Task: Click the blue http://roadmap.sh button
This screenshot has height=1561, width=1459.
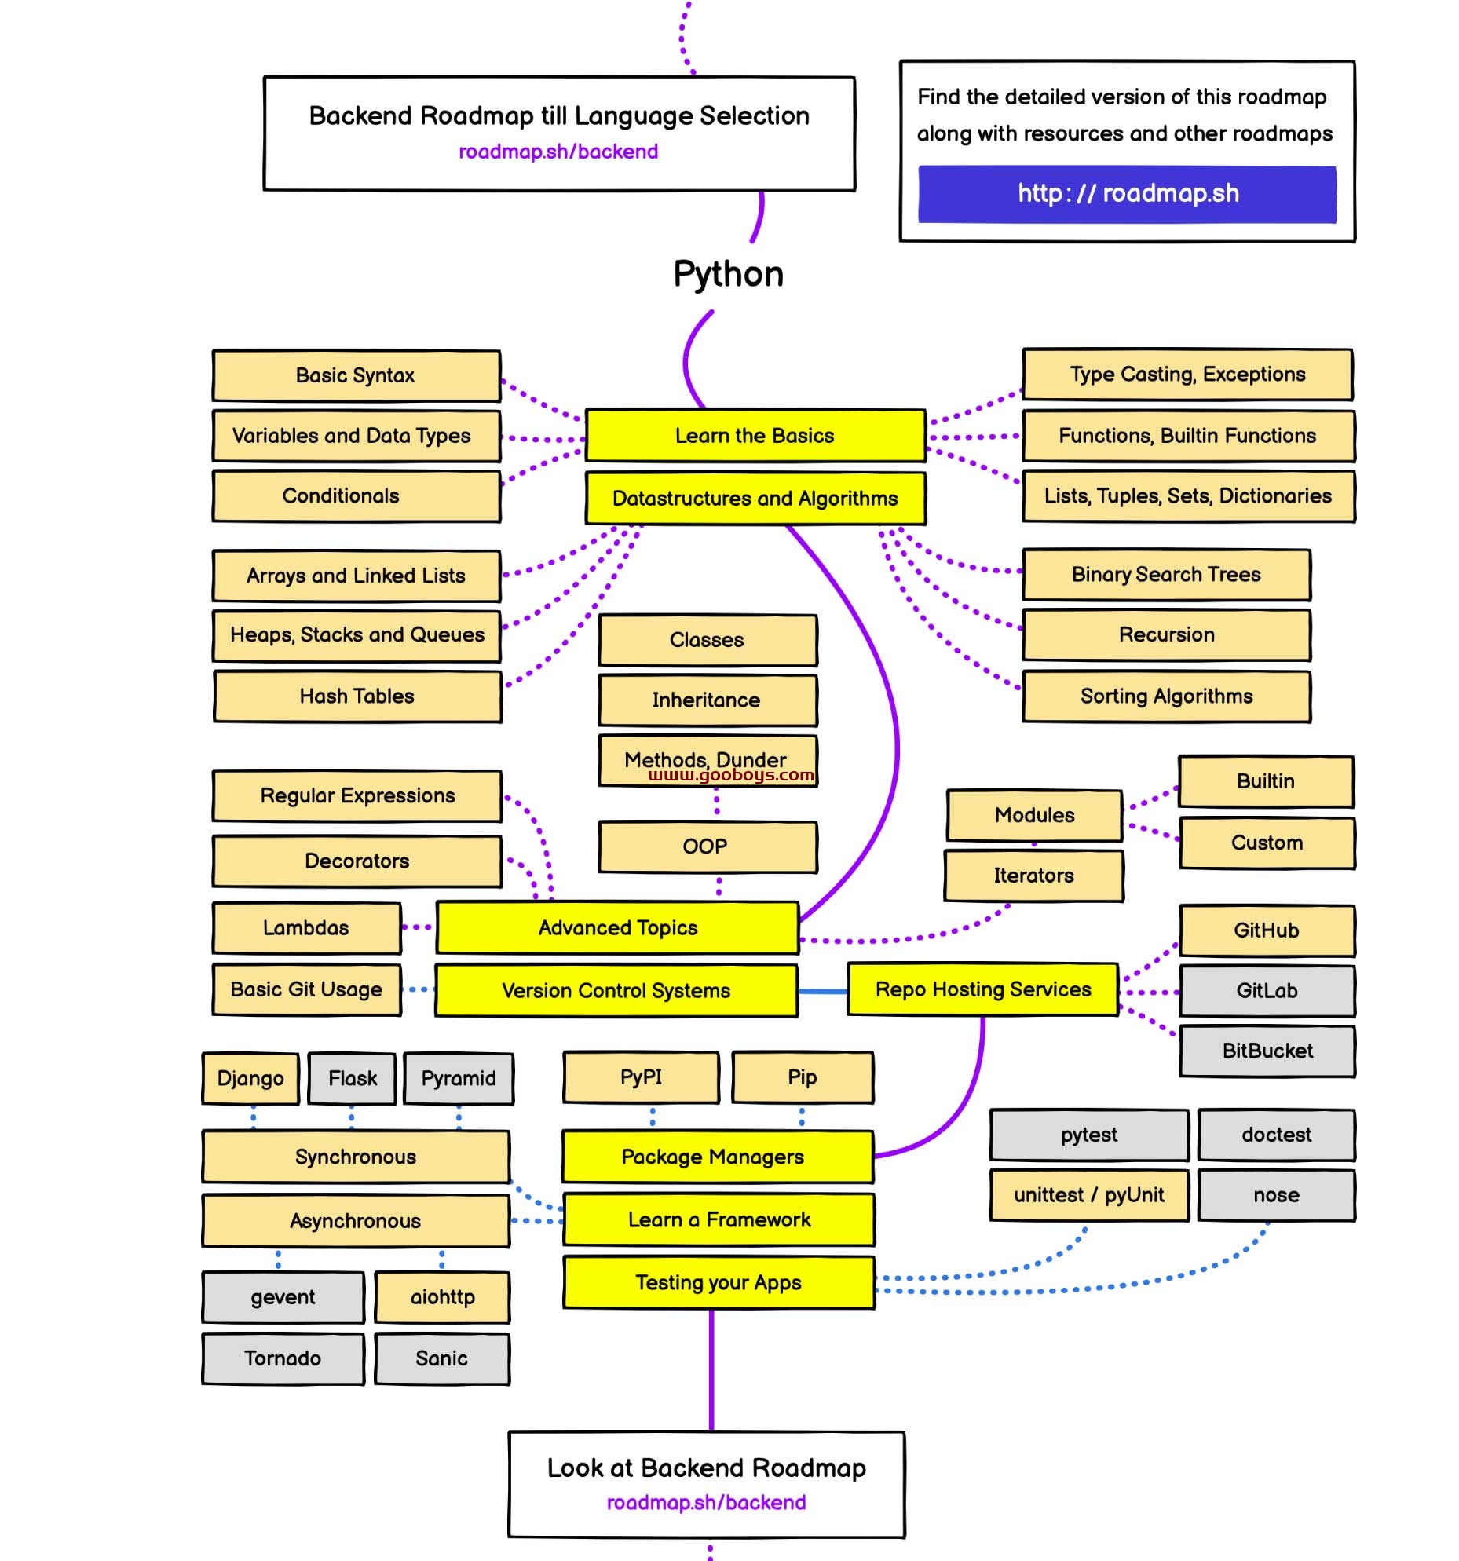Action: pos(1127,194)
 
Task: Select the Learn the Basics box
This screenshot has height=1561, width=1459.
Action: pos(755,436)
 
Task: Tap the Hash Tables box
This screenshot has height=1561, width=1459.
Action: pos(357,696)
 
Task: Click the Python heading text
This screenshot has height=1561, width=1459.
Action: pos(729,274)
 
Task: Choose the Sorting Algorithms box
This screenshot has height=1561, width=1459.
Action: pos(1166,696)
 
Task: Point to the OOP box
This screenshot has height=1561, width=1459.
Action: pos(708,847)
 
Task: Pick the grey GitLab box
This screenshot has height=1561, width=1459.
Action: pos(1267,991)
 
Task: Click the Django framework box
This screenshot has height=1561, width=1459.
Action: pos(250,1079)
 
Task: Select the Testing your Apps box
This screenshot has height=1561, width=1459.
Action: pos(719,1283)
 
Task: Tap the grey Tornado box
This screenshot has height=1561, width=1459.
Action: pos(283,1359)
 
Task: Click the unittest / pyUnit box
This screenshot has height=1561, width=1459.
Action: pos(1089,1196)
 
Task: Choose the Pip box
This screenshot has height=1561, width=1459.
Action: pos(803,1077)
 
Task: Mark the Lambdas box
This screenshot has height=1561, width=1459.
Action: pos(306,928)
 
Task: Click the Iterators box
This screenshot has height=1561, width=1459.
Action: pos(1034,876)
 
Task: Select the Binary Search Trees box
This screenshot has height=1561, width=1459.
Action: pos(1166,575)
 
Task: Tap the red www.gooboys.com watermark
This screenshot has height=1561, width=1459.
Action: pos(731,776)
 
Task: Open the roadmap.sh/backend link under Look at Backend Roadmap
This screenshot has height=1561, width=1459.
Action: pos(706,1503)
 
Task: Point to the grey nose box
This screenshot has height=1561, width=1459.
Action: pos(1277,1196)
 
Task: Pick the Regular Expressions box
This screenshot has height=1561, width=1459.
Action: pos(357,796)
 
